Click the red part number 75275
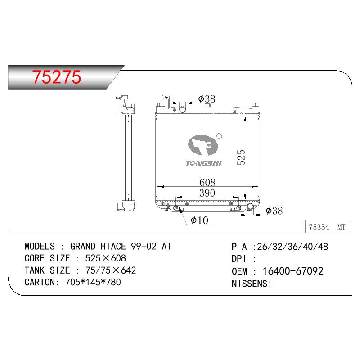pos(57,77)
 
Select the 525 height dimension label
pos(241,157)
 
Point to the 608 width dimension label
pos(207,183)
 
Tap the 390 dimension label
pos(207,193)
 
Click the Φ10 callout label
pos(199,220)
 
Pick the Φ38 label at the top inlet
pos(207,99)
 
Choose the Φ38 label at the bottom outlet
pos(274,211)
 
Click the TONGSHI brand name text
pos(204,163)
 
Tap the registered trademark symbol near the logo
pos(219,136)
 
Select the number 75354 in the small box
pos(319,227)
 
